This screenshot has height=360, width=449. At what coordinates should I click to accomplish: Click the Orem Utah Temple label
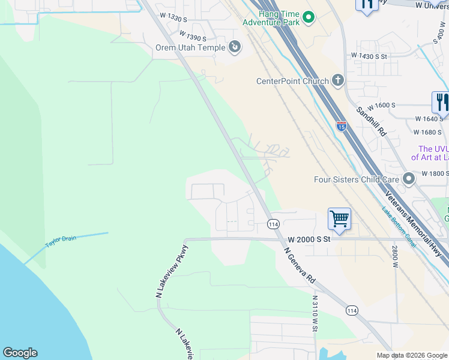(x=190, y=48)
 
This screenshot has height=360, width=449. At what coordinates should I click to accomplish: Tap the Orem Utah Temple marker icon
(x=235, y=46)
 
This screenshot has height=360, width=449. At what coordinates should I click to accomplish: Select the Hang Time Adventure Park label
(x=271, y=18)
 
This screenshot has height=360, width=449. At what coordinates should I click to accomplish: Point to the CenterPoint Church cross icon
(x=338, y=80)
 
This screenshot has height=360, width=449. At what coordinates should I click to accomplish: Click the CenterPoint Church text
(x=292, y=81)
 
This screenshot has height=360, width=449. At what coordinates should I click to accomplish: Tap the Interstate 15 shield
(x=341, y=126)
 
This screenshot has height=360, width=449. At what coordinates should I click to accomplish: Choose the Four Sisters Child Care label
(x=357, y=179)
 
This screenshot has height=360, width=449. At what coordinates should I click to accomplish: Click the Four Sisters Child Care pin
(x=409, y=179)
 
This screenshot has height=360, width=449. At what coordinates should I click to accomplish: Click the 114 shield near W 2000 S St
(x=273, y=224)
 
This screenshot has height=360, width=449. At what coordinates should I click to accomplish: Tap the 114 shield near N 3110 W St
(x=352, y=310)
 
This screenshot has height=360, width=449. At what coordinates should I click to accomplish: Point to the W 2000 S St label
(x=309, y=239)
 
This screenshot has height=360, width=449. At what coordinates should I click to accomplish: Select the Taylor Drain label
(x=61, y=242)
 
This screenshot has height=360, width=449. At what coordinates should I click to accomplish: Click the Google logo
(x=20, y=353)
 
